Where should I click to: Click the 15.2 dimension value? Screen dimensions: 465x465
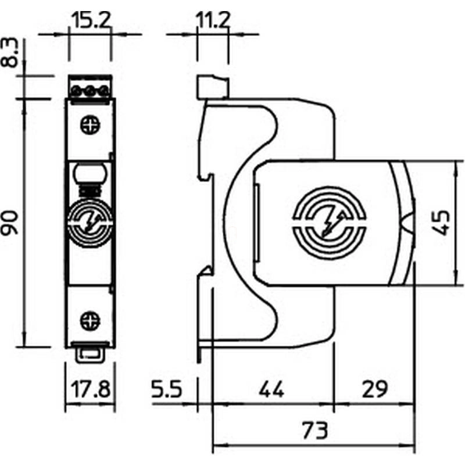(91, 20)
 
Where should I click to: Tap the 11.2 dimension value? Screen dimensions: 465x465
(213, 20)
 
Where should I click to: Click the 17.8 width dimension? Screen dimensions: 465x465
(91, 389)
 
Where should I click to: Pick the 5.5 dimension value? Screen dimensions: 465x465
(166, 389)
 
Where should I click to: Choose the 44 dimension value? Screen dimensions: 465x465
(271, 389)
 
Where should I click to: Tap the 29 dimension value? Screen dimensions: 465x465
(374, 389)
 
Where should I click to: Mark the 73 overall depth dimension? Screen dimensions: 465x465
(315, 430)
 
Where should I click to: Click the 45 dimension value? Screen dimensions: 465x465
(441, 223)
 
